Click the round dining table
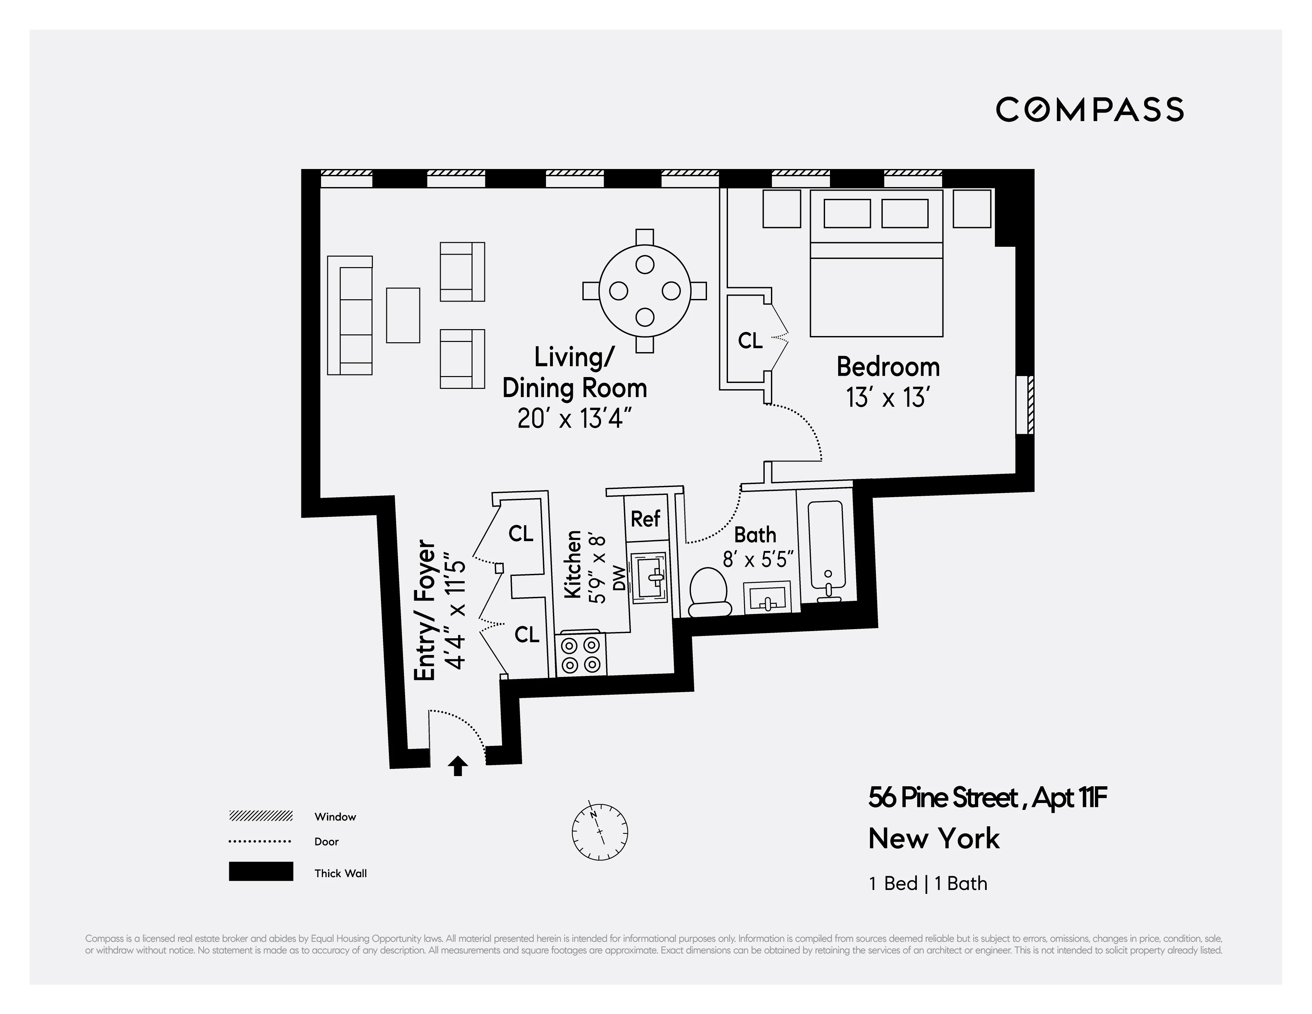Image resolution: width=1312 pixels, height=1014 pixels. point(645,291)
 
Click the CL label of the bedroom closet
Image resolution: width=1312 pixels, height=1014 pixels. point(750,341)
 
